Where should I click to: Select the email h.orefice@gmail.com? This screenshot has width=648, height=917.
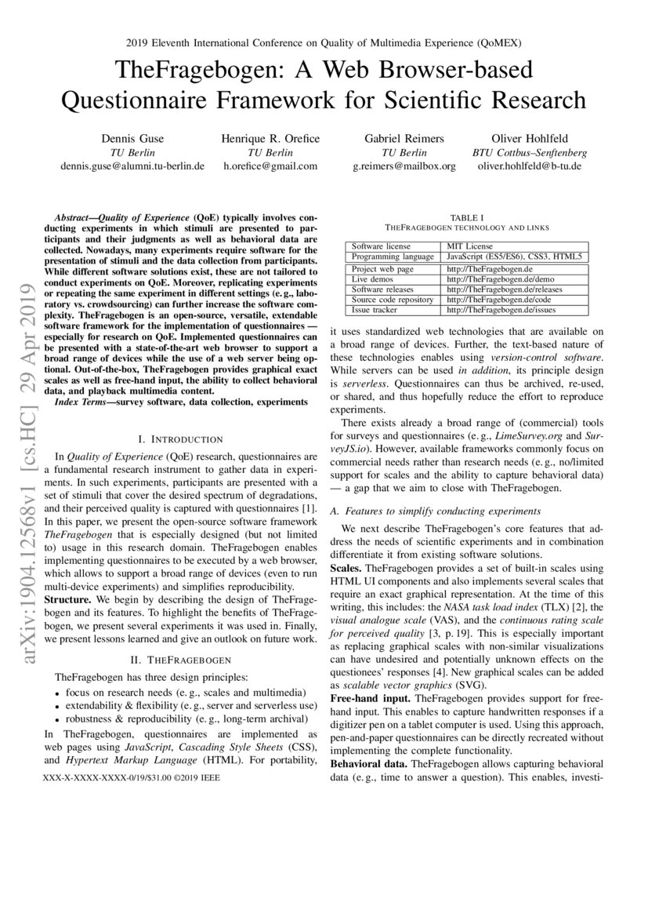click(270, 166)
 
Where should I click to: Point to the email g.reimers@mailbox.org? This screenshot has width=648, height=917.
click(404, 166)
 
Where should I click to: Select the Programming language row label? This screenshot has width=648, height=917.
click(393, 257)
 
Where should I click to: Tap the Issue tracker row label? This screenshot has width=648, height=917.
click(376, 310)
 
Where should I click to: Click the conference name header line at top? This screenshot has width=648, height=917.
click(324, 42)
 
